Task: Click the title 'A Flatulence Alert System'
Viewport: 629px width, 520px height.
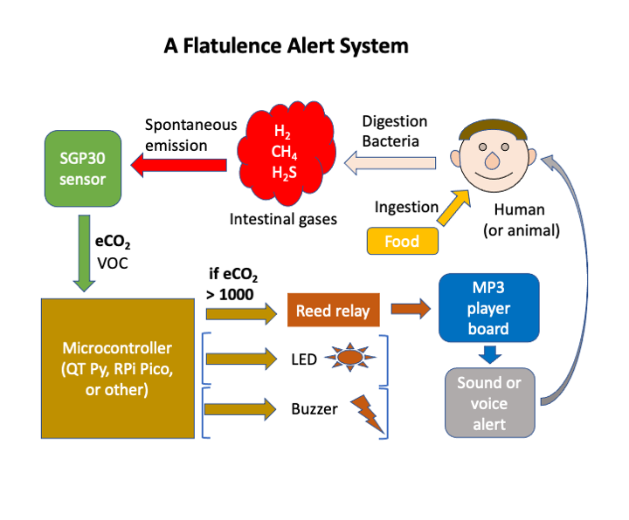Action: (286, 45)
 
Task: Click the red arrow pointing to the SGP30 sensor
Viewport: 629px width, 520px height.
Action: (179, 163)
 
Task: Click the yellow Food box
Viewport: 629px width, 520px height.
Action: (402, 241)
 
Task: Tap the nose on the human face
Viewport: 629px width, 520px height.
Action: (492, 161)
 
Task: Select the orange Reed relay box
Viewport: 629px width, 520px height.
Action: (333, 311)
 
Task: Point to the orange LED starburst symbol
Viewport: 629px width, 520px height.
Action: (349, 357)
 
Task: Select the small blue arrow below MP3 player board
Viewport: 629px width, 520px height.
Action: (491, 353)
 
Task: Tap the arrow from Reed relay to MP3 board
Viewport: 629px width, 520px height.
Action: (411, 309)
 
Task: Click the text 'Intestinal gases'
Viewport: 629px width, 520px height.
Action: (283, 219)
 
